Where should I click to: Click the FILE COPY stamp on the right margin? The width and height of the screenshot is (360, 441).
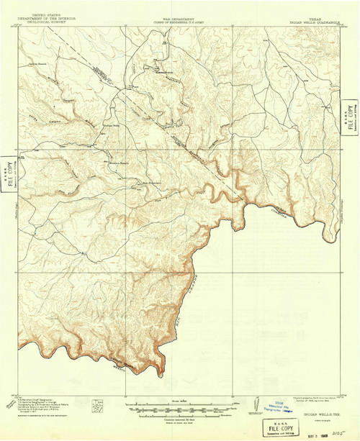click(351, 114)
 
